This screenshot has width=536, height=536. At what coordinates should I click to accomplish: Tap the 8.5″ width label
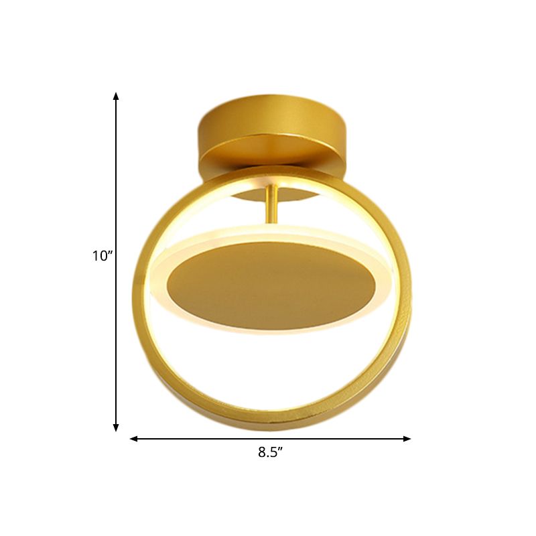click(271, 452)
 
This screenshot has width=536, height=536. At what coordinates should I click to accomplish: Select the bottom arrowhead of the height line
click(116, 427)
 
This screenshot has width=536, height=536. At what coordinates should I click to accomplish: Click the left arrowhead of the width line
click(134, 439)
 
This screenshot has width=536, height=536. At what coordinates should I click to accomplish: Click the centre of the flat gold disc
click(268, 285)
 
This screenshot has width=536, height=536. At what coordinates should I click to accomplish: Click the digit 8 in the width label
click(262, 452)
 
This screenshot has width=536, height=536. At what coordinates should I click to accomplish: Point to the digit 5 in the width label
click(274, 452)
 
